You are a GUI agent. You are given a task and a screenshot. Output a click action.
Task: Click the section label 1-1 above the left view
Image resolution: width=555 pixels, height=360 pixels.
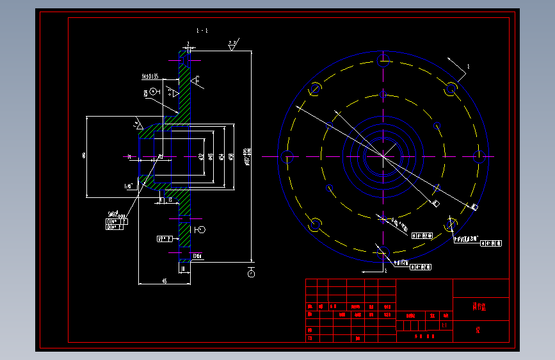pyautogui.click(x=202, y=30)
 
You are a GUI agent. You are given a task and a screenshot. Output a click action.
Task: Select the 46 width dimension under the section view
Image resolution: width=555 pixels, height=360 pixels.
pyautogui.click(x=165, y=281)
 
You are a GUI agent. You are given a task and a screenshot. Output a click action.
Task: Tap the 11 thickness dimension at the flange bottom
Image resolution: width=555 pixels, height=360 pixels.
pyautogui.click(x=184, y=270)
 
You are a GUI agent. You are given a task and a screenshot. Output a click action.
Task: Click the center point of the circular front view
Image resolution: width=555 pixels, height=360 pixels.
pyautogui.click(x=383, y=156)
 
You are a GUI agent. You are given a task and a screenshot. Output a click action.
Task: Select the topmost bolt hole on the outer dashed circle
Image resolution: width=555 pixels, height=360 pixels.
pyautogui.click(x=383, y=62)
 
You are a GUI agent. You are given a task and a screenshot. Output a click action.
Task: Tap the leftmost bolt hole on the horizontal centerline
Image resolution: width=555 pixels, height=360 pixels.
pyautogui.click(x=287, y=156)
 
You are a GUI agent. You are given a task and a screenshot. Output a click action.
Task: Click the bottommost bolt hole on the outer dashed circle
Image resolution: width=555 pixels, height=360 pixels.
pyautogui.click(x=383, y=250)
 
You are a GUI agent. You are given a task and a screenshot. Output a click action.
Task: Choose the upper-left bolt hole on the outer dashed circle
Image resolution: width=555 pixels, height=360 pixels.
pyautogui.click(x=315, y=88)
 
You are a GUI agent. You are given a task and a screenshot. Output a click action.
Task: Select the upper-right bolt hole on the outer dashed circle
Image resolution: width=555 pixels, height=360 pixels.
pyautogui.click(x=451, y=88)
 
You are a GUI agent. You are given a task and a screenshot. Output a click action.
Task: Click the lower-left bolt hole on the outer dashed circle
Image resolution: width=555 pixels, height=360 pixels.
pyautogui.click(x=315, y=224)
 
